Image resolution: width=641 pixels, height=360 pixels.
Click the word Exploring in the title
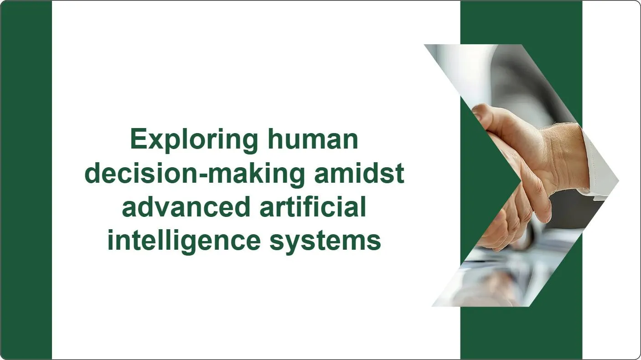(x=191, y=139)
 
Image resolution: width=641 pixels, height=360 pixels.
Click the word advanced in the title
(x=186, y=207)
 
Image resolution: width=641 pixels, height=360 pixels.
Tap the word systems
(x=325, y=241)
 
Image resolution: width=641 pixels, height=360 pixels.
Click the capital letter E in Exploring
(x=137, y=139)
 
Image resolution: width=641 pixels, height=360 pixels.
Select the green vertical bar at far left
(x=26, y=180)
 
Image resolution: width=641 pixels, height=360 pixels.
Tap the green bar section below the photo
(x=521, y=333)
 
